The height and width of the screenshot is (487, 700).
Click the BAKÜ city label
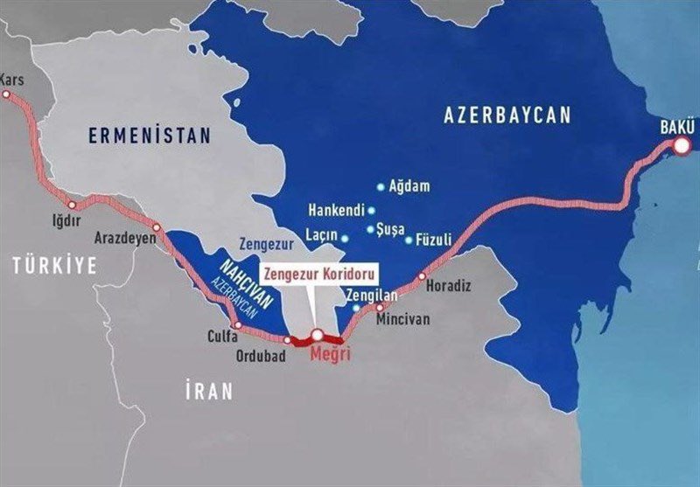tap(677, 129)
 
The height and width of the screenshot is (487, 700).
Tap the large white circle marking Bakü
tap(682, 148)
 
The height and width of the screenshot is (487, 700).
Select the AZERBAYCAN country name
tap(507, 115)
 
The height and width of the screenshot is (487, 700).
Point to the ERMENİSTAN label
tap(150, 136)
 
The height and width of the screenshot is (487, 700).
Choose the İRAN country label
tap(209, 391)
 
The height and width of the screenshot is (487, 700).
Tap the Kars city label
tap(13, 80)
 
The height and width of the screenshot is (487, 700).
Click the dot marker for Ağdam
tap(380, 186)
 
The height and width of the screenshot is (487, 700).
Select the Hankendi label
tap(335, 211)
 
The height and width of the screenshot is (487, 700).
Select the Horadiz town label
tap(448, 286)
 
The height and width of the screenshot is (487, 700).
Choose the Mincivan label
tap(402, 320)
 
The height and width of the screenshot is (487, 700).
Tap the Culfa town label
tap(223, 335)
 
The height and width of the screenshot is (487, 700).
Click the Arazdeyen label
tap(125, 238)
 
